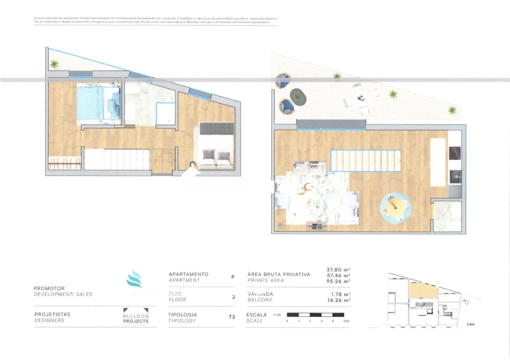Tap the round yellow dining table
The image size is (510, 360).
395,207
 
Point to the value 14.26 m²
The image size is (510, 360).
338,300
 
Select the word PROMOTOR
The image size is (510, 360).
49,288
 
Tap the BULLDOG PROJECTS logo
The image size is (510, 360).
136,318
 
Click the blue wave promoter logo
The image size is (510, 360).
134,279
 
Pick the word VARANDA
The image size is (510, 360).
260,294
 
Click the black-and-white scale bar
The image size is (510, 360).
315,315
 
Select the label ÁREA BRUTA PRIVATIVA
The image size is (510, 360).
279,274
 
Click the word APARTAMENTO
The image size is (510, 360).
189,274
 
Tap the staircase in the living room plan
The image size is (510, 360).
365,161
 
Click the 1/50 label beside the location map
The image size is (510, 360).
470,324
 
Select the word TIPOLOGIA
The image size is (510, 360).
183,315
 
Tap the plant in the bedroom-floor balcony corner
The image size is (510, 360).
54,63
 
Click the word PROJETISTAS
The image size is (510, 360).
52,314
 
